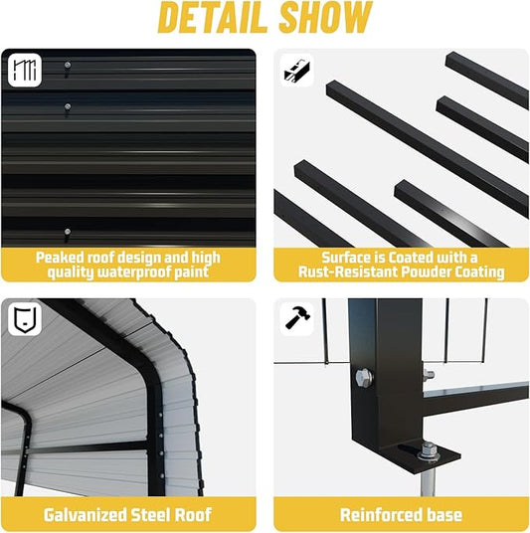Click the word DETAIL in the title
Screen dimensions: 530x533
[212, 18]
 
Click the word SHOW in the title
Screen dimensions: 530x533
[325, 18]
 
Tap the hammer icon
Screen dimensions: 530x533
[297, 318]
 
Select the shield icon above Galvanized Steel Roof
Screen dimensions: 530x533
[25, 319]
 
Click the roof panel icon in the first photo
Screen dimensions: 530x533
[25, 70]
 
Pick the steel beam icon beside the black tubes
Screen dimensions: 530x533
[296, 71]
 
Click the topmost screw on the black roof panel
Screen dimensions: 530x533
[68, 65]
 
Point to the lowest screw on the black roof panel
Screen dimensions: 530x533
[68, 232]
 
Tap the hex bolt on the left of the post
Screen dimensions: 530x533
[363, 377]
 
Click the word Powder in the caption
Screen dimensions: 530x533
[427, 271]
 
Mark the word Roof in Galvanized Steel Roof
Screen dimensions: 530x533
[194, 515]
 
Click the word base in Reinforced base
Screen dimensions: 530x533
[444, 515]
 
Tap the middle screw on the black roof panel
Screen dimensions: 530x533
[68, 106]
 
